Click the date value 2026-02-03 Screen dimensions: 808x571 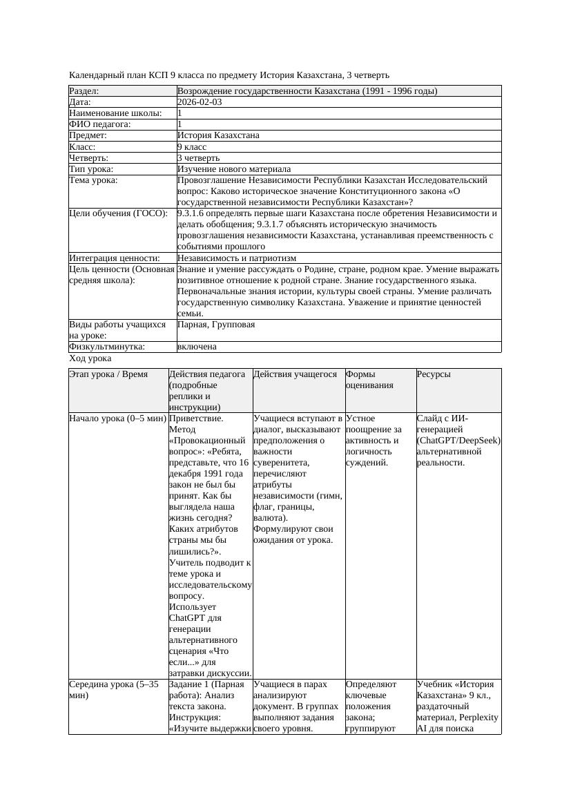[x=200, y=102]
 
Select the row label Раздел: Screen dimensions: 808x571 [x=84, y=91]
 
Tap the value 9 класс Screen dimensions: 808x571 [x=197, y=147]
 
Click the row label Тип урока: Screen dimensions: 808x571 [x=91, y=169]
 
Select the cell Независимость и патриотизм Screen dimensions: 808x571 [x=237, y=258]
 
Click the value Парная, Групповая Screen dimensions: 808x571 [x=216, y=325]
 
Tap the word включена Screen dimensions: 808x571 [x=197, y=347]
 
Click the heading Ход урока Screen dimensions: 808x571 [x=90, y=358]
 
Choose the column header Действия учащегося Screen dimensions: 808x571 [x=295, y=374]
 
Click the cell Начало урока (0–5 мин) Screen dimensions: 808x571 [x=118, y=419]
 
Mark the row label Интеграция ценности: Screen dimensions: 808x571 [x=115, y=258]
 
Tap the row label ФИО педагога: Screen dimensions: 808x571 [x=100, y=124]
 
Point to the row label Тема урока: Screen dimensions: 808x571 [x=93, y=180]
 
